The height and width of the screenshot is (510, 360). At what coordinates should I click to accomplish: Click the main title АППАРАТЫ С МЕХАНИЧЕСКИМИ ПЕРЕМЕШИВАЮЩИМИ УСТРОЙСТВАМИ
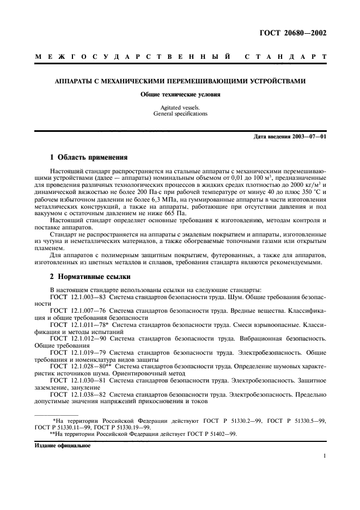pos(180,81)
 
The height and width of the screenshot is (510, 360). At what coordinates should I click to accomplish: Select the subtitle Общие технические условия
pos(180,94)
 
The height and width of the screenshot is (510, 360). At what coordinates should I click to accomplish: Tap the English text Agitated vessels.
pos(180,108)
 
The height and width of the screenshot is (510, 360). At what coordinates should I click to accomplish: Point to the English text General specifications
pos(180,114)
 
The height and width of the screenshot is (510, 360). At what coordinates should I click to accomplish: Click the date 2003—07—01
pos(307,136)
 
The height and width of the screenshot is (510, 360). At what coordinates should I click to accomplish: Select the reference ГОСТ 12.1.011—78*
pos(80,325)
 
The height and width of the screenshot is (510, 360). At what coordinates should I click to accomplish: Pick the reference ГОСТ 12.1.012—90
pos(78,339)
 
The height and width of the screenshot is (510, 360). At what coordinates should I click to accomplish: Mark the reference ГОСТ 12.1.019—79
pos(78,353)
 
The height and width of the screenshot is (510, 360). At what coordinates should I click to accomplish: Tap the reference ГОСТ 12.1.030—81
pos(78,381)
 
